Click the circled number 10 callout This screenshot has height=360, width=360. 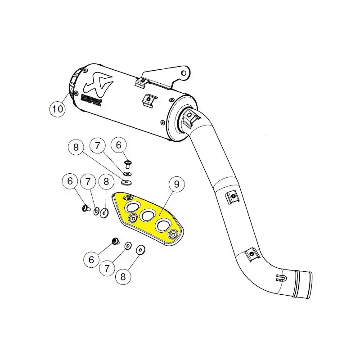click(x=58, y=108)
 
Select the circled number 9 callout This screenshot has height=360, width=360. click(x=177, y=184)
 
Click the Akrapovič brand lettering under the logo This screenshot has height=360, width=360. click(x=90, y=100)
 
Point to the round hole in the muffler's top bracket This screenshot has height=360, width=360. click(x=183, y=71)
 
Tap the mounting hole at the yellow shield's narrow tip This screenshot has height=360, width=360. click(x=173, y=234)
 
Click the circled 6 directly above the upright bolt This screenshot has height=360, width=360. click(x=119, y=145)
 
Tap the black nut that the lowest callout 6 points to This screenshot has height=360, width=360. click(x=115, y=242)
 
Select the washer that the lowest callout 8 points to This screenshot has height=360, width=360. click(x=139, y=249)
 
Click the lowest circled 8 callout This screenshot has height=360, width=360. click(x=123, y=277)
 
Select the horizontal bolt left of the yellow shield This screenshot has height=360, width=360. click(x=84, y=208)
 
